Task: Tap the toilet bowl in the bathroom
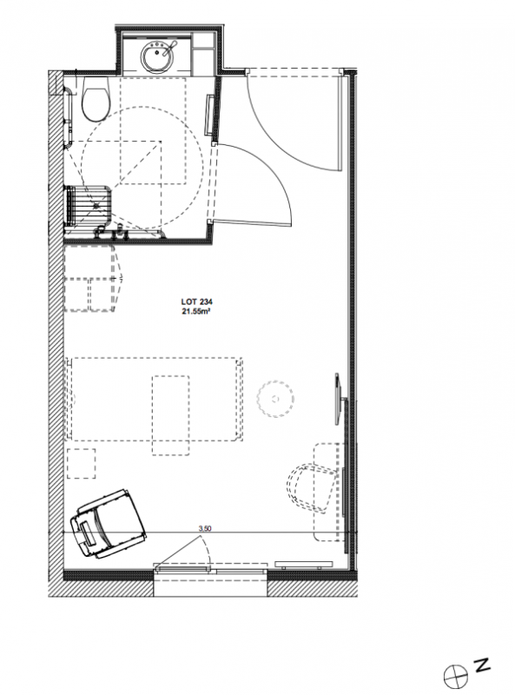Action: [95, 100]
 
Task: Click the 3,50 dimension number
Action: [205, 528]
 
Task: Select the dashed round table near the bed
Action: [275, 399]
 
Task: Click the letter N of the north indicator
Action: [483, 665]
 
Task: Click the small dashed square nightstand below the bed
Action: [82, 463]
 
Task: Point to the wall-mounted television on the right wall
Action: [340, 400]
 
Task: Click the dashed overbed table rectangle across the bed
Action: [170, 415]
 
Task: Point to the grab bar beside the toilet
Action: [69, 116]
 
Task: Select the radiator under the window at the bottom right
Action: [304, 565]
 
